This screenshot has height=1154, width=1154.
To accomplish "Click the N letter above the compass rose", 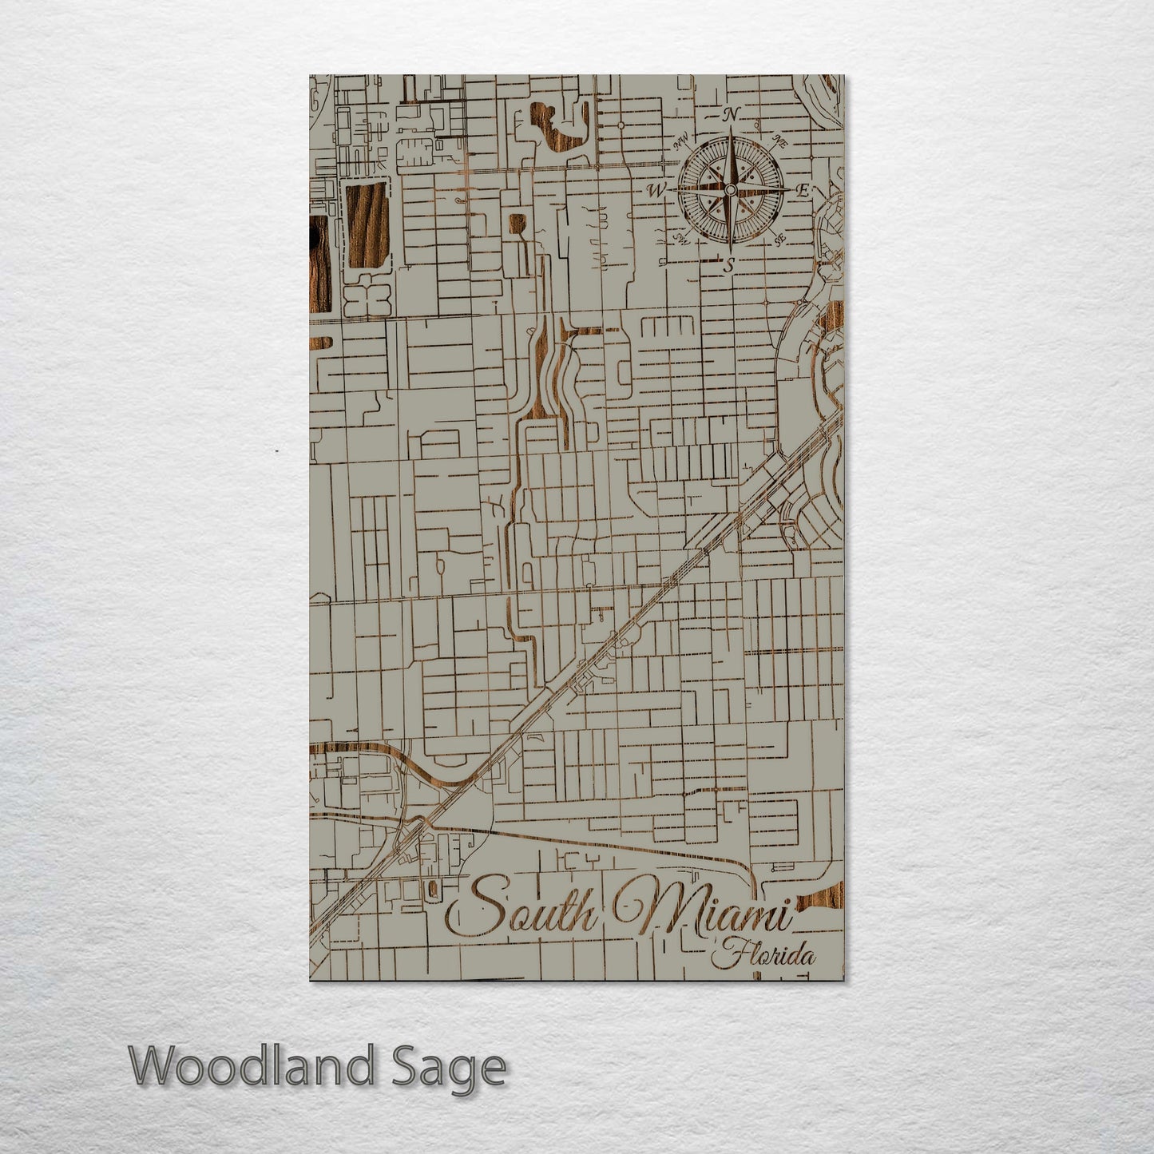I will point(730,115).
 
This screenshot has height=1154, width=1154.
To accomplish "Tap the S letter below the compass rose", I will point(728,266).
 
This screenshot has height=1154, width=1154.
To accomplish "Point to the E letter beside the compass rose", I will point(803,190).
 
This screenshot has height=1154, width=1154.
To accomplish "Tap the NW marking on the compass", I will point(681,142).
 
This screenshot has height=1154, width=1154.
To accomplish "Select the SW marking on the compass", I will point(680,238).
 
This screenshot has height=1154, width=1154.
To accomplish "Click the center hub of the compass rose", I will point(728,190).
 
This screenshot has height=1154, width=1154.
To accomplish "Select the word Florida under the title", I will point(767,954).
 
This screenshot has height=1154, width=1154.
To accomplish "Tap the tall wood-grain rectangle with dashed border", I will point(365,224).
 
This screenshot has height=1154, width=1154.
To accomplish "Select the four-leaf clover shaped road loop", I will point(367,298).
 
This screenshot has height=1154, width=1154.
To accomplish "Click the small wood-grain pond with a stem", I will point(517,224).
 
